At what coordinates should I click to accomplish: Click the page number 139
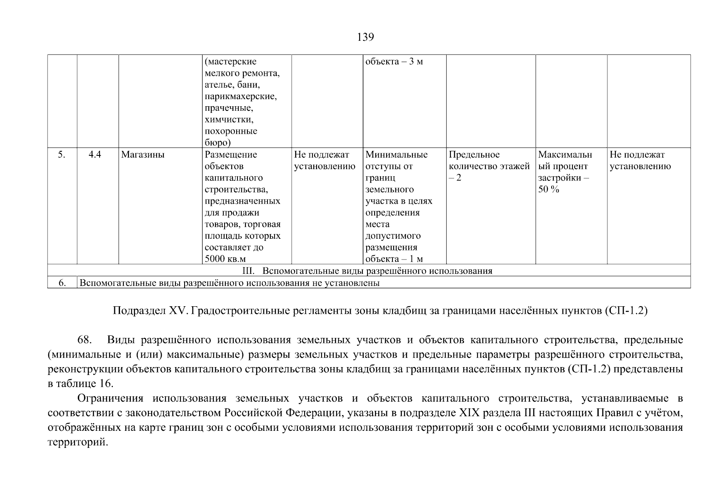click(365, 37)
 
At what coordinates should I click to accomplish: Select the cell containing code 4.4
click(95, 155)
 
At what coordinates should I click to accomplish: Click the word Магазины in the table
click(143, 155)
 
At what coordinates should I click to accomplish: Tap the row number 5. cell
click(62, 155)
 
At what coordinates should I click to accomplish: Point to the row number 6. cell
click(62, 283)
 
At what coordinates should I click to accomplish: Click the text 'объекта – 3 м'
click(394, 62)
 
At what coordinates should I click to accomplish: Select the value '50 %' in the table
click(548, 190)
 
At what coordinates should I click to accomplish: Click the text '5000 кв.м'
click(225, 259)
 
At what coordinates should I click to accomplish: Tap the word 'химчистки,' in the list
click(229, 120)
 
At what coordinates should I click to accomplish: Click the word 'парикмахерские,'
click(241, 97)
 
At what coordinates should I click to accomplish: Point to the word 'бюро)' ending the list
click(217, 143)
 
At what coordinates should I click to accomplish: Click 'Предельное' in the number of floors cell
click(474, 155)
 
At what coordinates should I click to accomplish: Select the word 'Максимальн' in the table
click(565, 155)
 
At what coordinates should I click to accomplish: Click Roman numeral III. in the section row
click(248, 271)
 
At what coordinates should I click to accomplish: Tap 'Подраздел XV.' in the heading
click(150, 311)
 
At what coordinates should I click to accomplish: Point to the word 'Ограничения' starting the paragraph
click(110, 398)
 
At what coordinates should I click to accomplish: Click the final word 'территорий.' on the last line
click(78, 442)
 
